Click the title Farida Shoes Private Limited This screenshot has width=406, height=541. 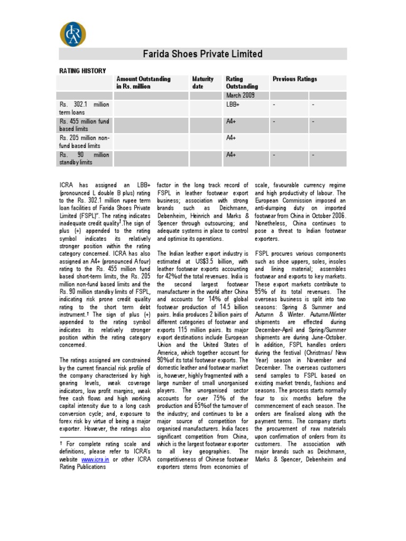click(203, 54)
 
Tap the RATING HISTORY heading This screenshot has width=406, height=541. click(82, 71)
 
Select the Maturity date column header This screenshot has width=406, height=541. click(203, 82)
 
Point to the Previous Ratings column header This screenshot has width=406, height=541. click(294, 79)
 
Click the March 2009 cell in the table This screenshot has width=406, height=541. click(241, 95)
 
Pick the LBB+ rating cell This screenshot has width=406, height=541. click(233, 105)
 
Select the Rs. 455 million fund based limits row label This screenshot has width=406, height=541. click(85, 125)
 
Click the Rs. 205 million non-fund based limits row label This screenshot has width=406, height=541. click(85, 142)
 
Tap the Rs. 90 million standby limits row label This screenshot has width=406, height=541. click(85, 158)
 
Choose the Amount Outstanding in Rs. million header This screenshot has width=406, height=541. click(143, 82)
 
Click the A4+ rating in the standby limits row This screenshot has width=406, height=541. click(231, 155)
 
